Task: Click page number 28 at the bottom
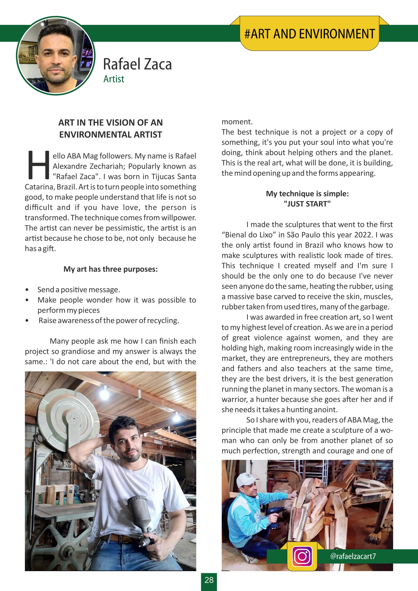[209, 580]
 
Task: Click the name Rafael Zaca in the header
[137, 64]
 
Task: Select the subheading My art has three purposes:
[111, 269]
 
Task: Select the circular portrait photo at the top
[56, 55]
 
